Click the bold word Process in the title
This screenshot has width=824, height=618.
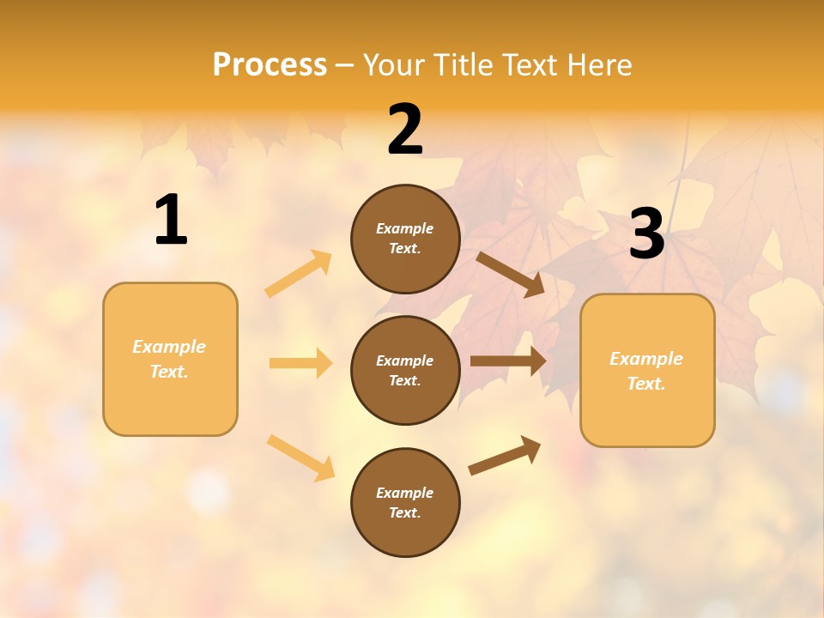[270, 65]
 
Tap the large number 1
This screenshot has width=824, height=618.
[171, 221]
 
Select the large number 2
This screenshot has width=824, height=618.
[405, 130]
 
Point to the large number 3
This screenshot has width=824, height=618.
[646, 234]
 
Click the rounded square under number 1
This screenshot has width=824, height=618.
[170, 359]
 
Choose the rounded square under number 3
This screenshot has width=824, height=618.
[647, 370]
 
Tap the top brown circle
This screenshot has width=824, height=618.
[405, 239]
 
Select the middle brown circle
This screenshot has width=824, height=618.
[405, 370]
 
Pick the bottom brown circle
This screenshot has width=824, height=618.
[405, 502]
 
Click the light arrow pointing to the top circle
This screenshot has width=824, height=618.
[299, 274]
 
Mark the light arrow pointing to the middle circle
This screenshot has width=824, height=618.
[300, 363]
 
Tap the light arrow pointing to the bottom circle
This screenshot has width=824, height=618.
[300, 457]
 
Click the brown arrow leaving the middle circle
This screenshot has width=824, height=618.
[507, 360]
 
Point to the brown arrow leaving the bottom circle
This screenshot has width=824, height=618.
[505, 455]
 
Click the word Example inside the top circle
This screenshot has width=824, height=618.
[405, 228]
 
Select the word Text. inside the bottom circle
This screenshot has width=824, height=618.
[405, 512]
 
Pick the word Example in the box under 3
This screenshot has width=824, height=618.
[646, 359]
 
